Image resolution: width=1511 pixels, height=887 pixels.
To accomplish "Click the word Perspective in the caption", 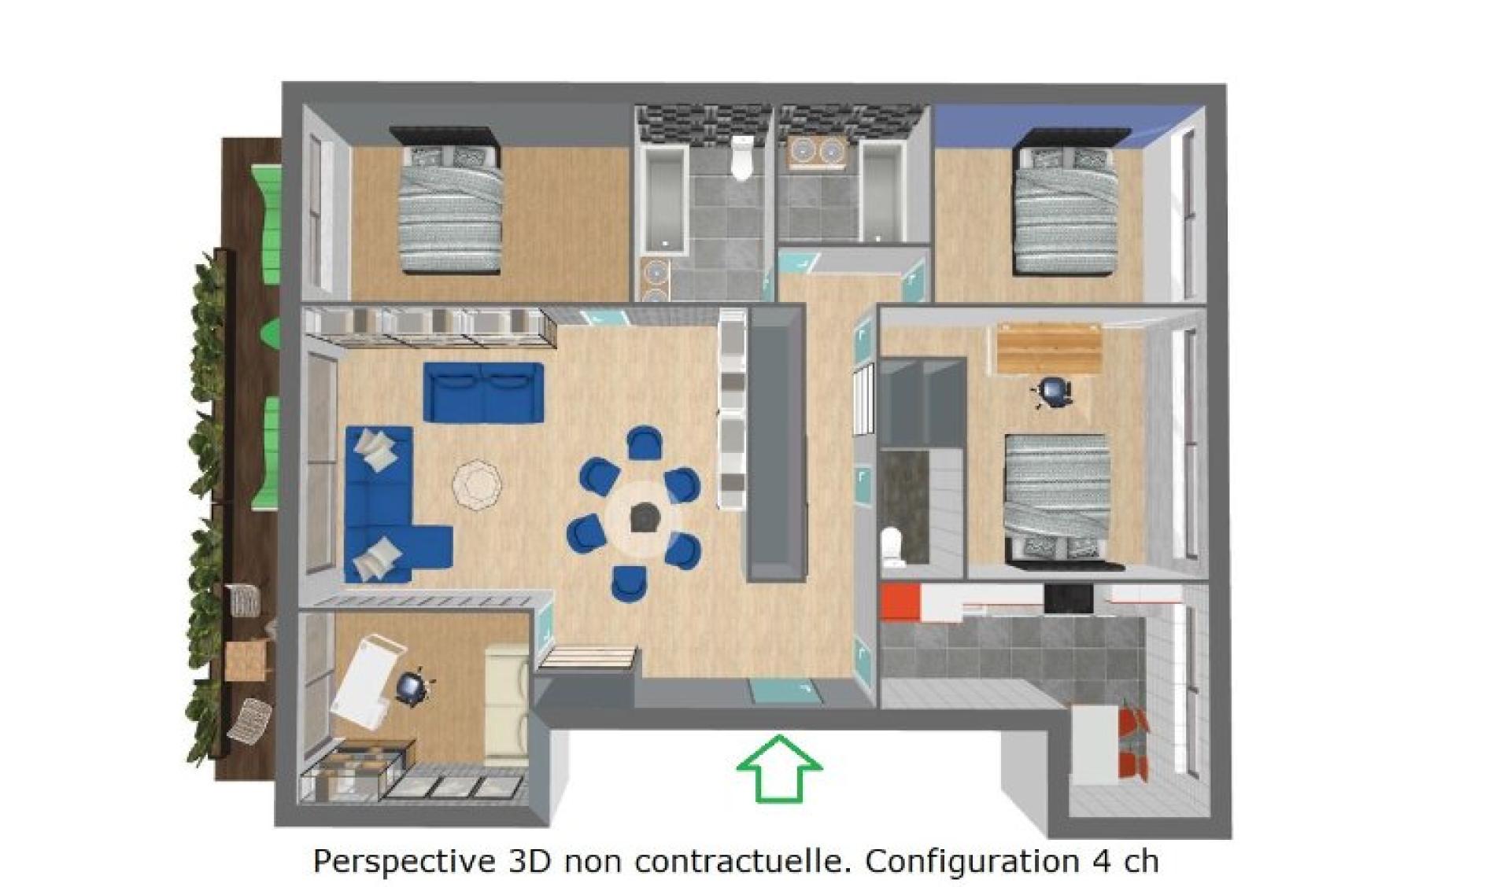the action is tap(400, 862).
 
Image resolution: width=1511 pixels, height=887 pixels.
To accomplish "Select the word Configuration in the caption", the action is tap(973, 862).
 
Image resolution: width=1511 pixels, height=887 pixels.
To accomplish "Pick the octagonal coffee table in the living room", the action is tap(477, 485).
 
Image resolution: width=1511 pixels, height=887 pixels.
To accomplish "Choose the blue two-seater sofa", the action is tap(483, 391).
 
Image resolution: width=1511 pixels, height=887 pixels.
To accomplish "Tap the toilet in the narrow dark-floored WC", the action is tap(892, 547).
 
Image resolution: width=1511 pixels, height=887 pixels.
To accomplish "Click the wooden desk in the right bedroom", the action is tap(1049, 348).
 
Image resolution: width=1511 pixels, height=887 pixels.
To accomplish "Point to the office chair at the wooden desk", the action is tap(1053, 391).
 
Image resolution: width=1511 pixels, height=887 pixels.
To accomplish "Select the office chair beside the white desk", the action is tap(410, 686).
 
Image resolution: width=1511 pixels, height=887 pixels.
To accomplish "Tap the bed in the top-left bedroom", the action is tap(450, 201).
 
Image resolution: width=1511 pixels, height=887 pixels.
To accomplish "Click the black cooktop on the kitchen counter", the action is tap(1069, 598).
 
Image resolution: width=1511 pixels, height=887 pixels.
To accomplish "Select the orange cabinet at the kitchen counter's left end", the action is tap(900, 602).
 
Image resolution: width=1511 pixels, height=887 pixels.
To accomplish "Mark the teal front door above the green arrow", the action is tap(784, 691).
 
